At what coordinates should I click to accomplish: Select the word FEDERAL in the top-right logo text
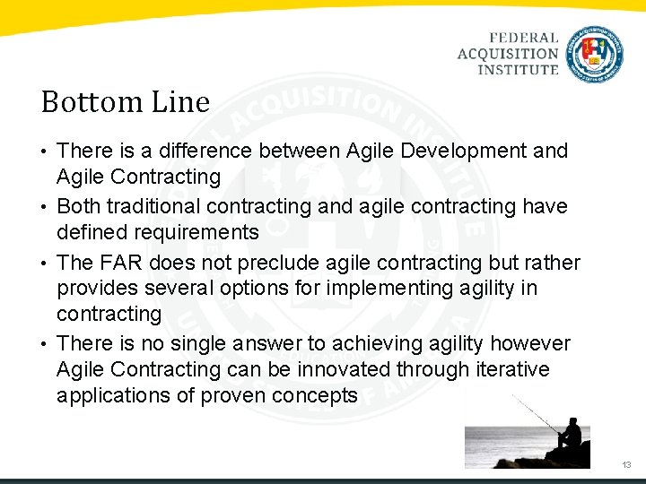524,39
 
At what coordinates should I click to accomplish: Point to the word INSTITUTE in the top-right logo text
518,69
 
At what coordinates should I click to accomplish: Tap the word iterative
511,369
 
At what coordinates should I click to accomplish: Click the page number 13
626,465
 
